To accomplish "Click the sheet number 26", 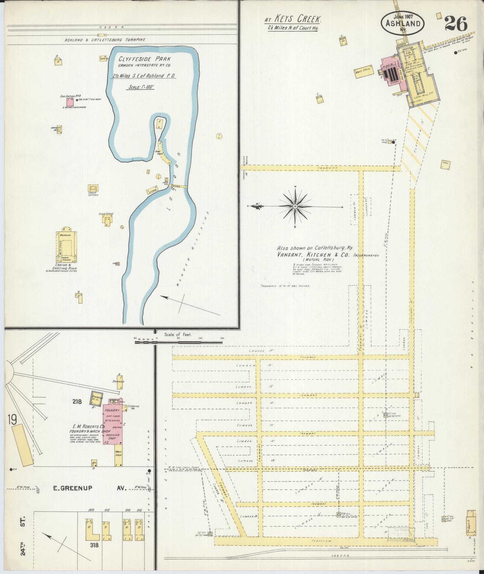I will pos(456,24).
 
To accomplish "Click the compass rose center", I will pos(295,206).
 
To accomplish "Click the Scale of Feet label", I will pos(178,334).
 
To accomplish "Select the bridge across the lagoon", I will pos(179,186).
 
